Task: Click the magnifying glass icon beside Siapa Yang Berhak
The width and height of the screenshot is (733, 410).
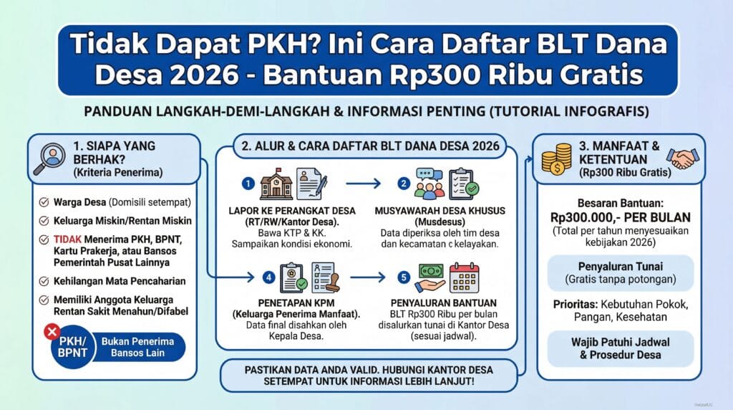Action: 49,158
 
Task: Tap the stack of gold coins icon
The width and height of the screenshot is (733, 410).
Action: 556,159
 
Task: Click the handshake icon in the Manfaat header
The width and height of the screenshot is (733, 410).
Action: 682,158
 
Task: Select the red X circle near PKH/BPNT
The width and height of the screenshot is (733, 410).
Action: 52,332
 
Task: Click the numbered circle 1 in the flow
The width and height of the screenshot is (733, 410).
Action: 248,183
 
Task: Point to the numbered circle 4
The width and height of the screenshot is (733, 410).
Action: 268,277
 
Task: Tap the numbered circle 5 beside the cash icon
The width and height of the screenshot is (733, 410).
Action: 404,277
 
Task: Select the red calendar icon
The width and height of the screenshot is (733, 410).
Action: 464,278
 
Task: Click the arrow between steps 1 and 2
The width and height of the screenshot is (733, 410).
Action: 363,183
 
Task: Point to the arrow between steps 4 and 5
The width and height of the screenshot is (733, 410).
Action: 367,277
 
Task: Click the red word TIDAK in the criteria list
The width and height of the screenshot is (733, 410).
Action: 67,239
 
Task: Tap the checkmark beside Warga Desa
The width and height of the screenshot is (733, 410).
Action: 44,202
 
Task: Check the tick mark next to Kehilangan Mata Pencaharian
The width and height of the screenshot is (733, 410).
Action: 44,281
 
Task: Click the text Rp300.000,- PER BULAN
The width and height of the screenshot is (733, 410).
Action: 621,218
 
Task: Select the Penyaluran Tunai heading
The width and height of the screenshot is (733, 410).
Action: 621,267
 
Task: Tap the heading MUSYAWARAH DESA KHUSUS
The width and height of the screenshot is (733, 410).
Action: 440,211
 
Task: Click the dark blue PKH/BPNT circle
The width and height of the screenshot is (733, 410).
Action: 72,348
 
